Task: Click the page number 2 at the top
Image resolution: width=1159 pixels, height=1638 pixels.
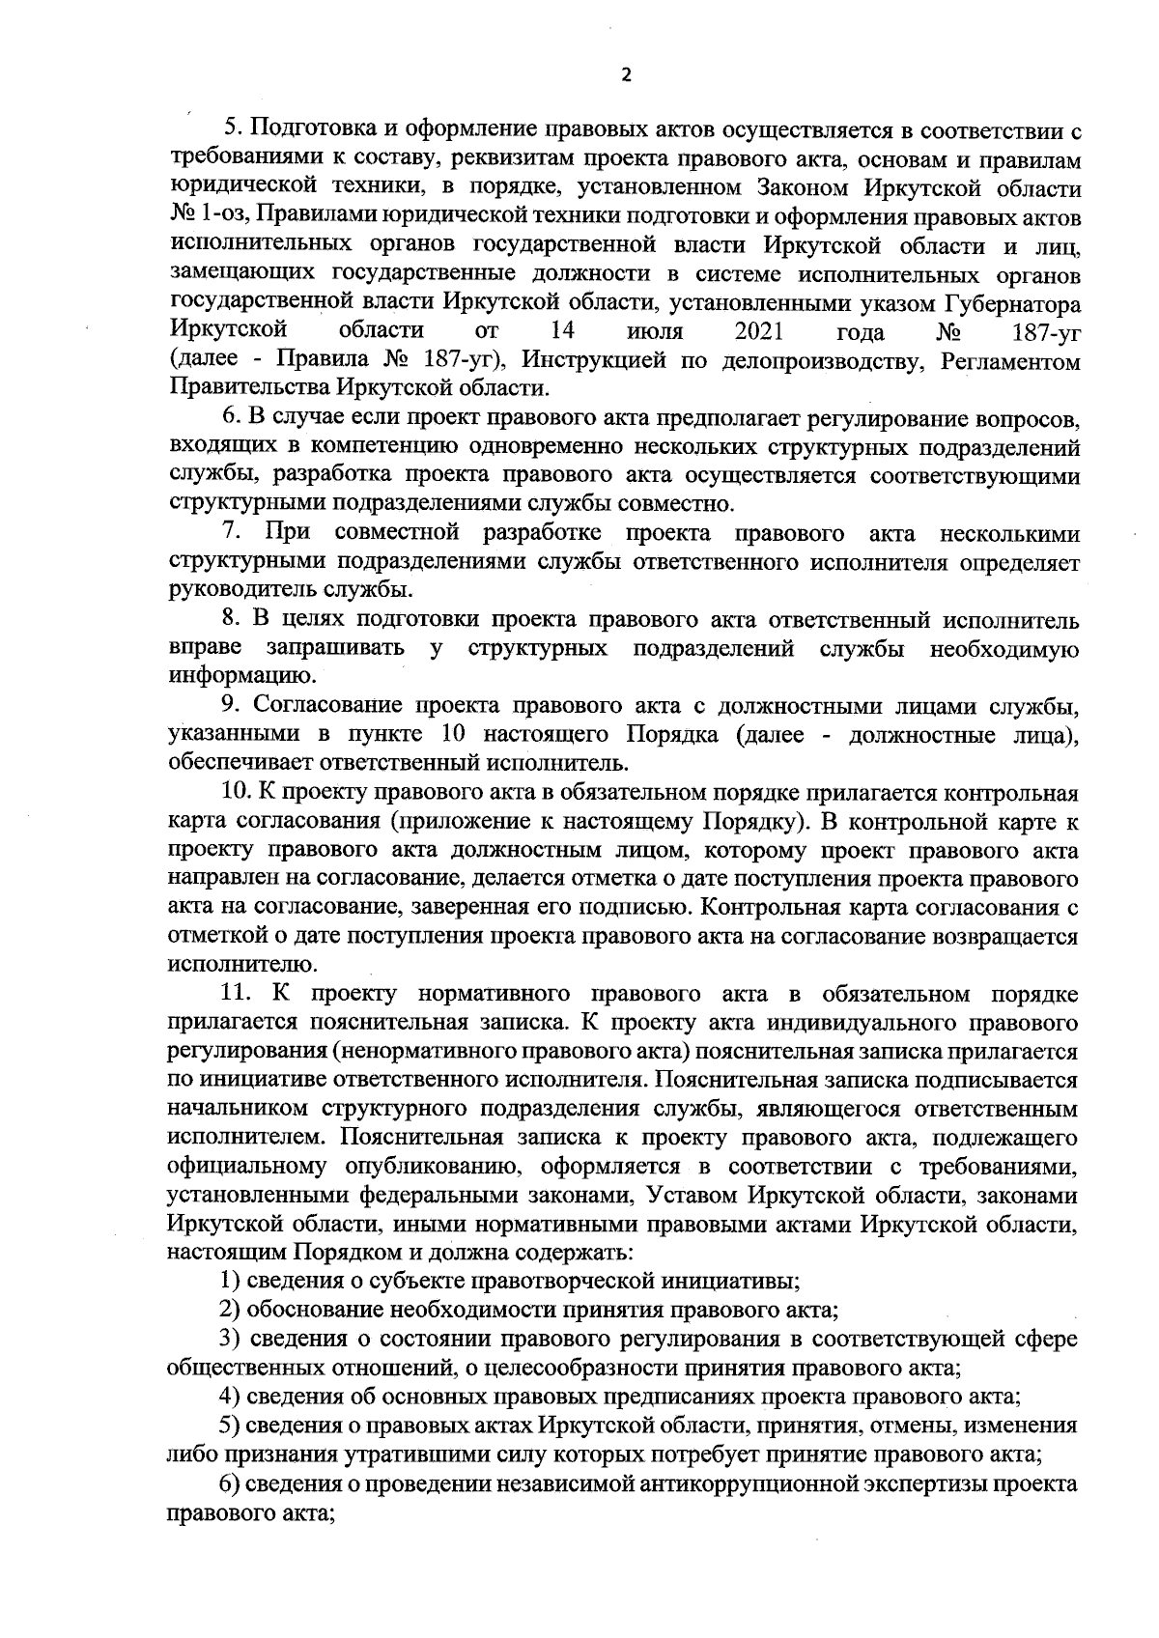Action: (625, 75)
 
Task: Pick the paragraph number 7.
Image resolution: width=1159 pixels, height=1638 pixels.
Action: (232, 534)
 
